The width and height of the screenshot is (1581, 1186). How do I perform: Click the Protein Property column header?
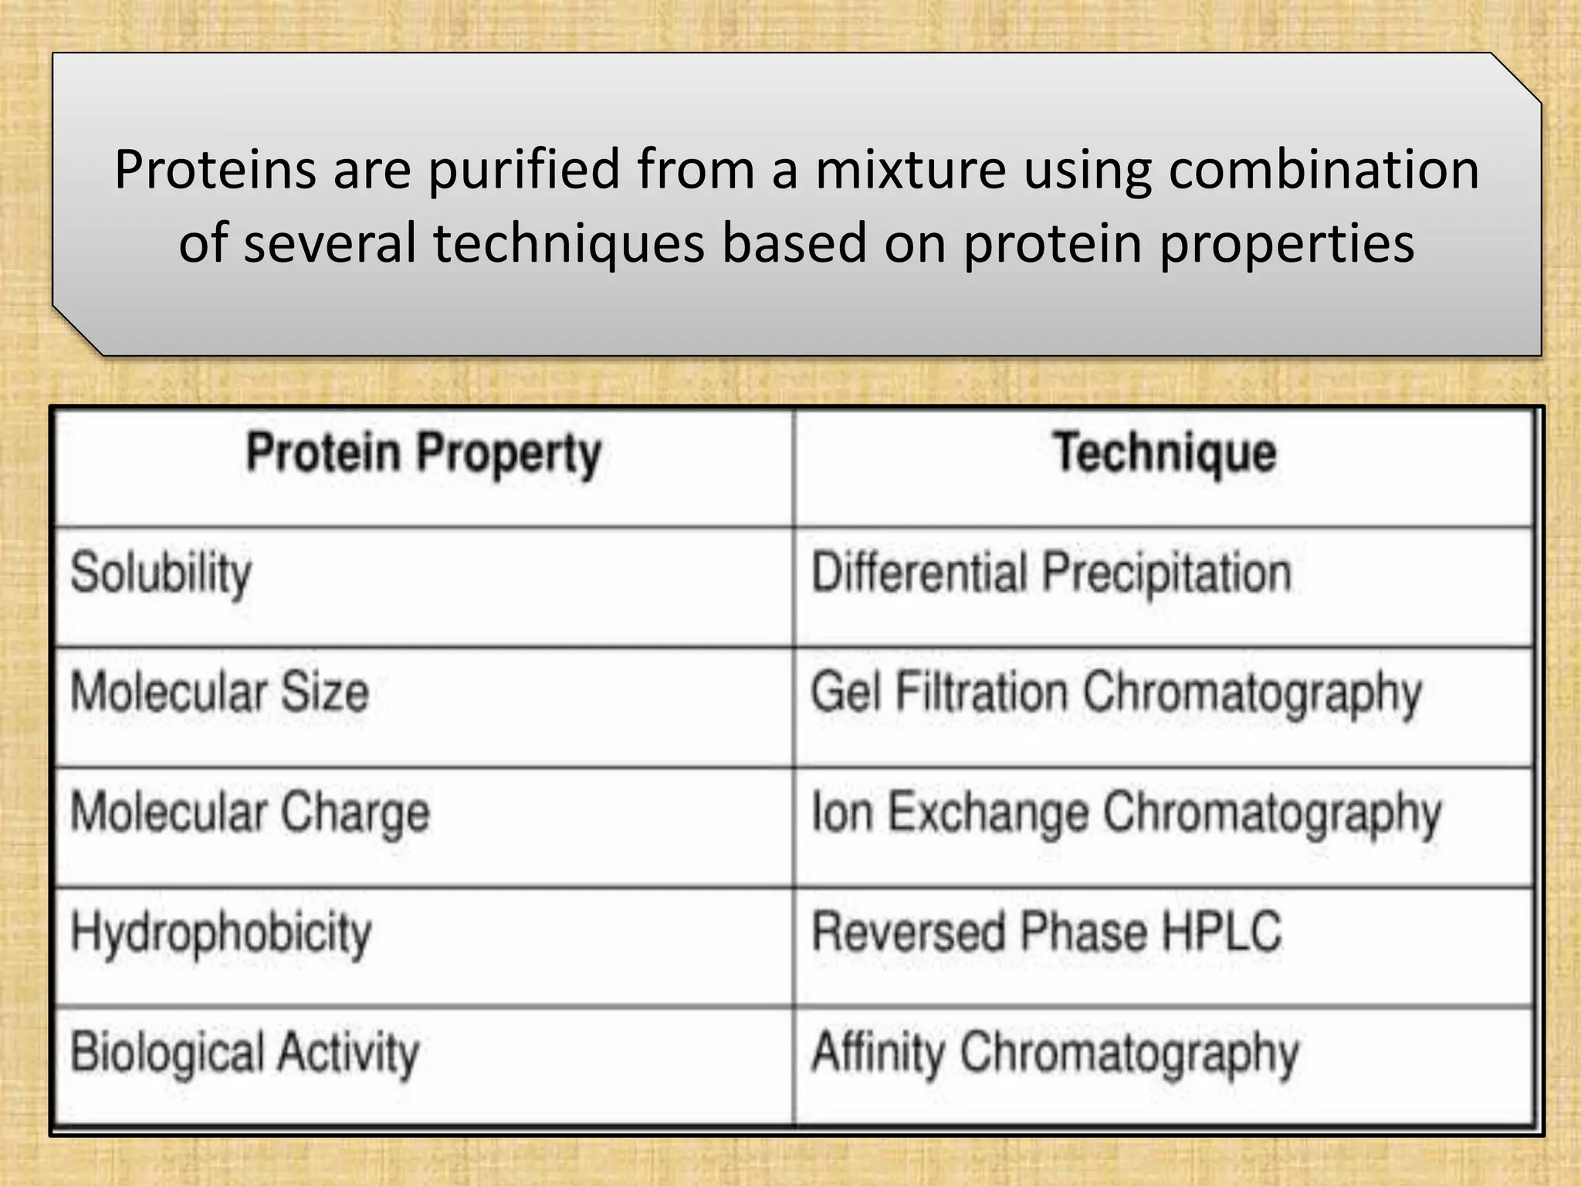[423, 454]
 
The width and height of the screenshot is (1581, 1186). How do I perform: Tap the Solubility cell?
[161, 574]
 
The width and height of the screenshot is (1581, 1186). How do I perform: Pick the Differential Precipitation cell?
[1051, 574]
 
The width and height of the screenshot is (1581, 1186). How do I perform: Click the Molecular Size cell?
[219, 692]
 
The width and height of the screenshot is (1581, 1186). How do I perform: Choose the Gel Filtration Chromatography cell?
[1116, 693]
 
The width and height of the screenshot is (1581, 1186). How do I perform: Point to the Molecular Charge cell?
[249, 813]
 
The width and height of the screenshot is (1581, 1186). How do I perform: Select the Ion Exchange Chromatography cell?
[1126, 814]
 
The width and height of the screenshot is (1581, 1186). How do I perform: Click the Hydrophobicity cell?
[221, 934]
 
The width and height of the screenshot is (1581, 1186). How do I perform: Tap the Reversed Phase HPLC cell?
[1046, 932]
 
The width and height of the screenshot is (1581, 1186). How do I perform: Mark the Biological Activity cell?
[245, 1053]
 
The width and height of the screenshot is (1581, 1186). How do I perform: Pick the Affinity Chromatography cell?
[1055, 1053]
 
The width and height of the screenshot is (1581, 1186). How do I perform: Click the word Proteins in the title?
[215, 170]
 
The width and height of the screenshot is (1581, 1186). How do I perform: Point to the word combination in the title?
[1323, 170]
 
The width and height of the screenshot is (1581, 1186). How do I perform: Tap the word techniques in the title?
[569, 242]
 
